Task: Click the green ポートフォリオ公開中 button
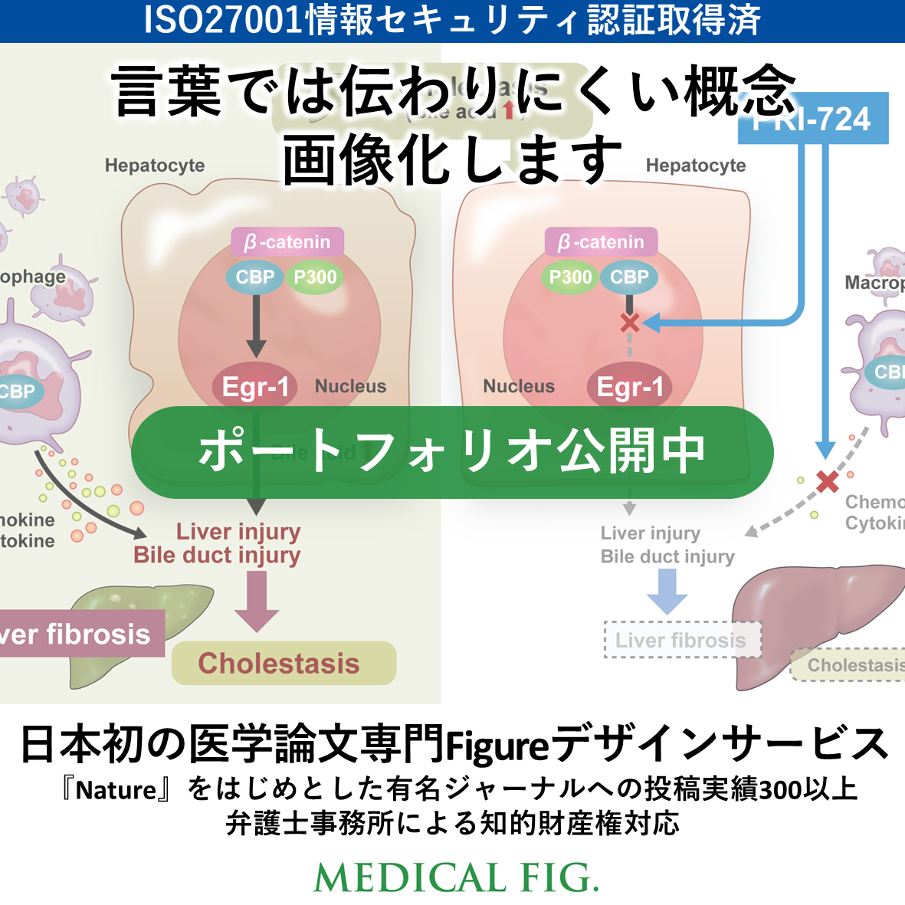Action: [452, 451]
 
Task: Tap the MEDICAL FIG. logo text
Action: [456, 878]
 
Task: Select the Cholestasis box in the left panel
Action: [284, 663]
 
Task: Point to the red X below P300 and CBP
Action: [630, 323]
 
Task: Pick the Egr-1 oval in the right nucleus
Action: [629, 387]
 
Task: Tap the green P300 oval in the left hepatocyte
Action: [315, 277]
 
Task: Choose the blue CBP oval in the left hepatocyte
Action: [254, 277]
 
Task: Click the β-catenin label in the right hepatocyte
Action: [602, 242]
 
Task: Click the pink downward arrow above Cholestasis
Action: [257, 602]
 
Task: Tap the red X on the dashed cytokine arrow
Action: [827, 481]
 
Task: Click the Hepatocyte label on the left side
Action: [155, 166]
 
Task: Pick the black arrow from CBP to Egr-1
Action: [256, 326]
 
